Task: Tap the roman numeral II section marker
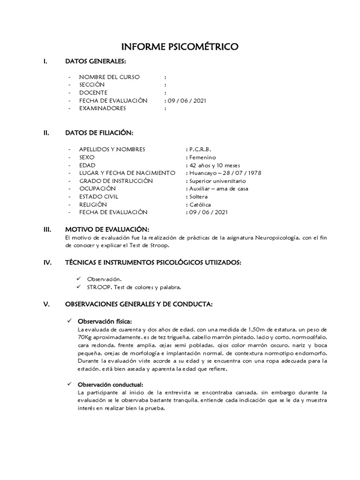46,133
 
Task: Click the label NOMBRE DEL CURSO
109,77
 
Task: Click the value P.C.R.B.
199,149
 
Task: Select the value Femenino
202,157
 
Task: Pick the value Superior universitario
217,181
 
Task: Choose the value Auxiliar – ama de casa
218,189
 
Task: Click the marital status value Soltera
198,197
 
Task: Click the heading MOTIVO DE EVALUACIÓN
107,229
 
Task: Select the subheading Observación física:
105,321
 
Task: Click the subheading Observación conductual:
111,384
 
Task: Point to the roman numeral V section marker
46,304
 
